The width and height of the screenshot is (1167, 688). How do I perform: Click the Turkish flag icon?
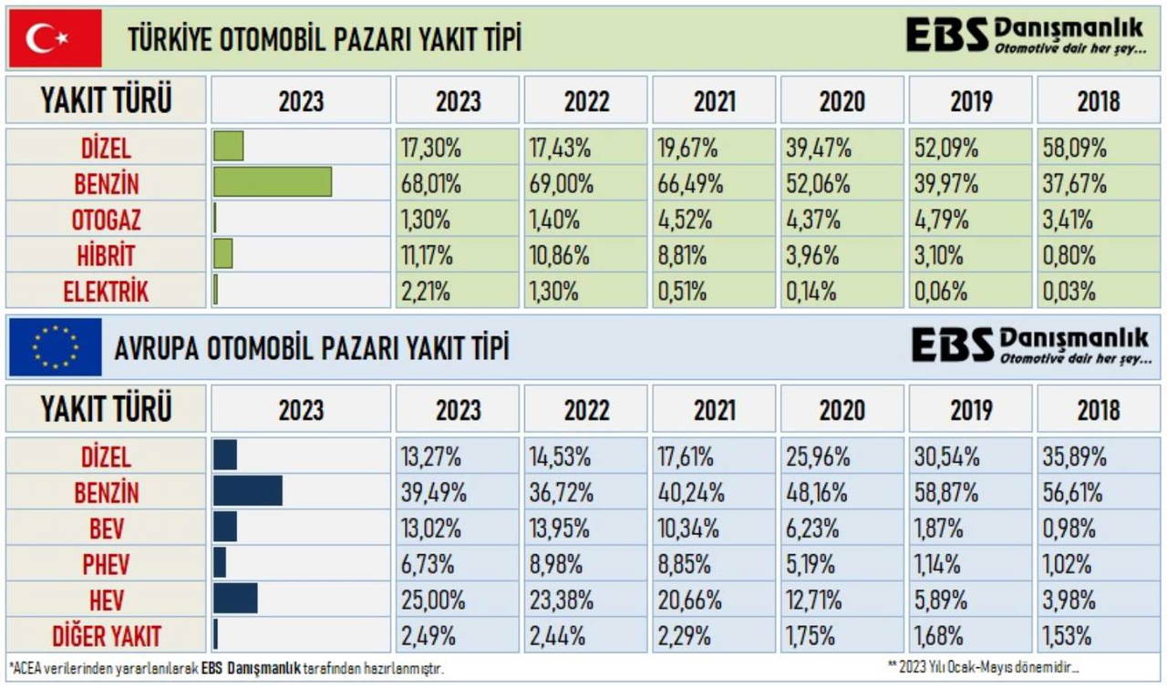55,39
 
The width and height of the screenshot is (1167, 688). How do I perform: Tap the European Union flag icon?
55,347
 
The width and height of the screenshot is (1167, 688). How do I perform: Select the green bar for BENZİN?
273,182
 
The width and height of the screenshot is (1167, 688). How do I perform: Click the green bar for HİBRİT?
223,254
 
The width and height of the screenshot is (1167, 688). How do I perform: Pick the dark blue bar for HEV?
235,599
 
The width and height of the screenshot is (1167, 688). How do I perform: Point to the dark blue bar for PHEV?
220,563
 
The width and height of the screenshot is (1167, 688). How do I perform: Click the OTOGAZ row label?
107,220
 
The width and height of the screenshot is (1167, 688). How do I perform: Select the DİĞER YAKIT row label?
107,635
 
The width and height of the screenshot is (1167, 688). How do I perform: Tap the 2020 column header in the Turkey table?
842,101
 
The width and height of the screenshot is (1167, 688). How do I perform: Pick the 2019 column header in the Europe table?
970,410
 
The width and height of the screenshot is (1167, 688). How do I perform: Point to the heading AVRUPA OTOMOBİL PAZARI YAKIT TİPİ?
311,348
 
